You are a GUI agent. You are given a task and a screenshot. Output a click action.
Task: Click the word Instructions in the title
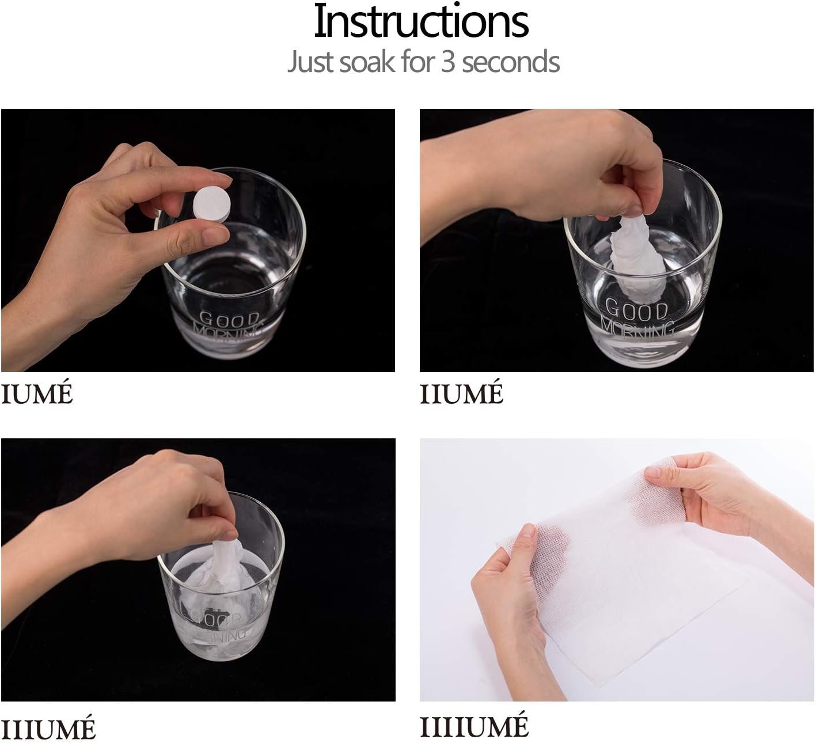(421, 21)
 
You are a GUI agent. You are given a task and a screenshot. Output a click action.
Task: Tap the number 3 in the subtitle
(447, 62)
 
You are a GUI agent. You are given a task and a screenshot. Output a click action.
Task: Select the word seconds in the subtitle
(511, 62)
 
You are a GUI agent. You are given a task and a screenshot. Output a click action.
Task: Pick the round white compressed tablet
(212, 204)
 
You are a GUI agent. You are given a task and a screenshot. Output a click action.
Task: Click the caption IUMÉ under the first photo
(37, 393)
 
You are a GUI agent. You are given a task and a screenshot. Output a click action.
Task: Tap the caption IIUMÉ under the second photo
(461, 393)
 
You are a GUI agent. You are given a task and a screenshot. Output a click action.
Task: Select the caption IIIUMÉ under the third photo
(48, 728)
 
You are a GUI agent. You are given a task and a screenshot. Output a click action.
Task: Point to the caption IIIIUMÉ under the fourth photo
(474, 726)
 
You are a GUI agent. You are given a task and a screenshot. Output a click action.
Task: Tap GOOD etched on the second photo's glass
(636, 309)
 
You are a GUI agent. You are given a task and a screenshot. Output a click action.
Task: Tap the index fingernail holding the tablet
(221, 177)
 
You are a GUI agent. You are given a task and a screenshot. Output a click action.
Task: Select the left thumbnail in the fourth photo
(529, 530)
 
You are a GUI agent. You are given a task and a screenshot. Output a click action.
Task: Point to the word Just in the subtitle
(311, 62)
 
